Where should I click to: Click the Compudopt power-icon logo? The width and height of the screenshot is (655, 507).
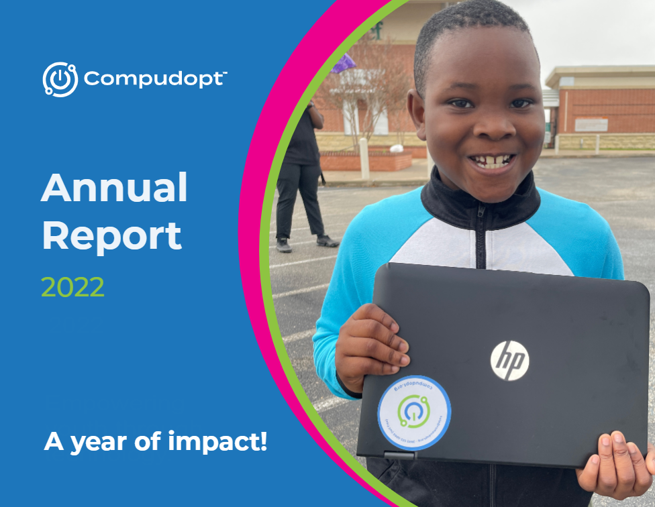point(60,79)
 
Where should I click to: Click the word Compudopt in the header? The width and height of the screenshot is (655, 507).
point(153,79)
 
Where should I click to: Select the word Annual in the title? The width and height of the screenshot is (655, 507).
point(114,189)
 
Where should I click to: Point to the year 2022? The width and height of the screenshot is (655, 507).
point(72,287)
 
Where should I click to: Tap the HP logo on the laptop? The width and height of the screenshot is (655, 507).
point(509,359)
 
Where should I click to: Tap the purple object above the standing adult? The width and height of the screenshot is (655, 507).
point(344,63)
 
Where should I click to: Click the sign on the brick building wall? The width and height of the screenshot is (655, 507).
point(591,125)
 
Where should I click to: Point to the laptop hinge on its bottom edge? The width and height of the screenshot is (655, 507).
point(400,455)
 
